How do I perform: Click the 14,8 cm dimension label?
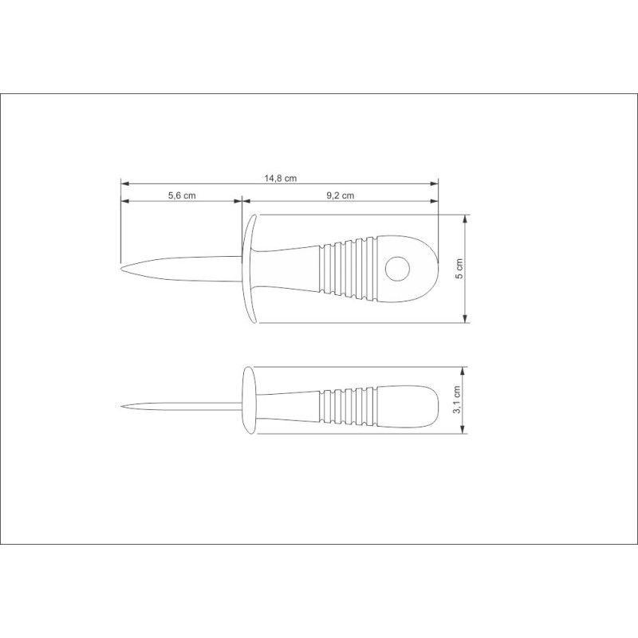pos(281,178)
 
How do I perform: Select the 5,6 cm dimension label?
pos(182,195)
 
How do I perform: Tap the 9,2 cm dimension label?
pos(341,195)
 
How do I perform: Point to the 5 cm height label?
pos(459,269)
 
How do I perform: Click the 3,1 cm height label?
pos(457,400)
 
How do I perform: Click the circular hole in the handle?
pos(397,269)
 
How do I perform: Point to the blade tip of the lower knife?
pos(122,406)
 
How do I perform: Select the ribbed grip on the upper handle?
pos(349,270)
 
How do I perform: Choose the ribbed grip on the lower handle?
pos(349,407)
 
